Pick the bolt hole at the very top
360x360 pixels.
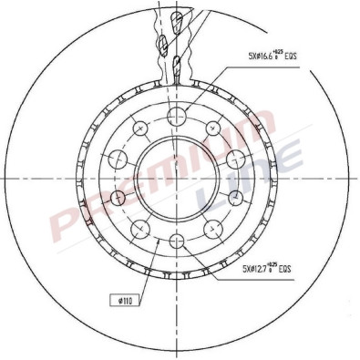pos(174,115)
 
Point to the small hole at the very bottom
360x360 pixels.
pos(174,242)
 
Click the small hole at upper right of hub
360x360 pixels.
pos(211,127)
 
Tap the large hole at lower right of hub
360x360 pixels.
pos(211,229)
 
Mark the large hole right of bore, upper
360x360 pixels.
pos(233,159)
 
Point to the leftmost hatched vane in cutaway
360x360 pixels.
pos(160,44)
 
